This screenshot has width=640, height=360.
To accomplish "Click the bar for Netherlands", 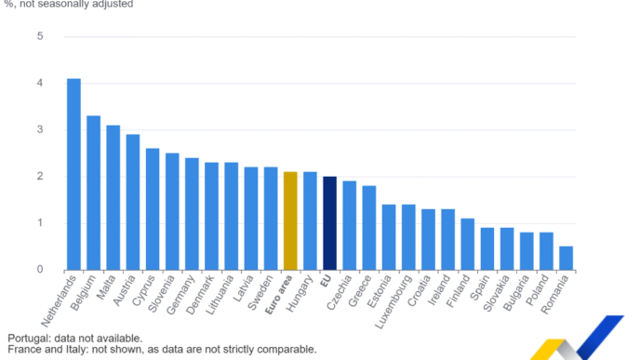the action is (73, 174).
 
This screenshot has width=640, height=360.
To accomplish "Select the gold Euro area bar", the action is (290, 220).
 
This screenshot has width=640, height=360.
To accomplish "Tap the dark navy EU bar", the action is (330, 223).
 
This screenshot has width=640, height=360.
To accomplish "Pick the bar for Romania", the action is (567, 258).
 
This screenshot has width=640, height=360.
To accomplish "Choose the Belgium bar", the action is (93, 193).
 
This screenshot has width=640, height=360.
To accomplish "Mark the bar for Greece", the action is (369, 228).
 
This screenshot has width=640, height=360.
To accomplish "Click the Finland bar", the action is (468, 244).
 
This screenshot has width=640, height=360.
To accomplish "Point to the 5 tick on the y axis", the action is (40, 36).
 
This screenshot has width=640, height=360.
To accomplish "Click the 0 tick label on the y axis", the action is (40, 270).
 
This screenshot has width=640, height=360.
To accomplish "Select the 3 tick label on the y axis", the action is (40, 130).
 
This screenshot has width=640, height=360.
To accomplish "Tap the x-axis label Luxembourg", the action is (393, 301).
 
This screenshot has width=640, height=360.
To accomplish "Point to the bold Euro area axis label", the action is (279, 295).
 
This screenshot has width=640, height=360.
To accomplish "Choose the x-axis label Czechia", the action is (340, 292).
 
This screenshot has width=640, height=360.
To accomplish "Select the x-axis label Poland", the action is (537, 290).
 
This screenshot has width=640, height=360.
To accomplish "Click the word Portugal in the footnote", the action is (29, 339).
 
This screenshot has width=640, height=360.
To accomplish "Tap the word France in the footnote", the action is (22, 350).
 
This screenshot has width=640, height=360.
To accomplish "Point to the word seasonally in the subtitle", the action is (63, 5).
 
